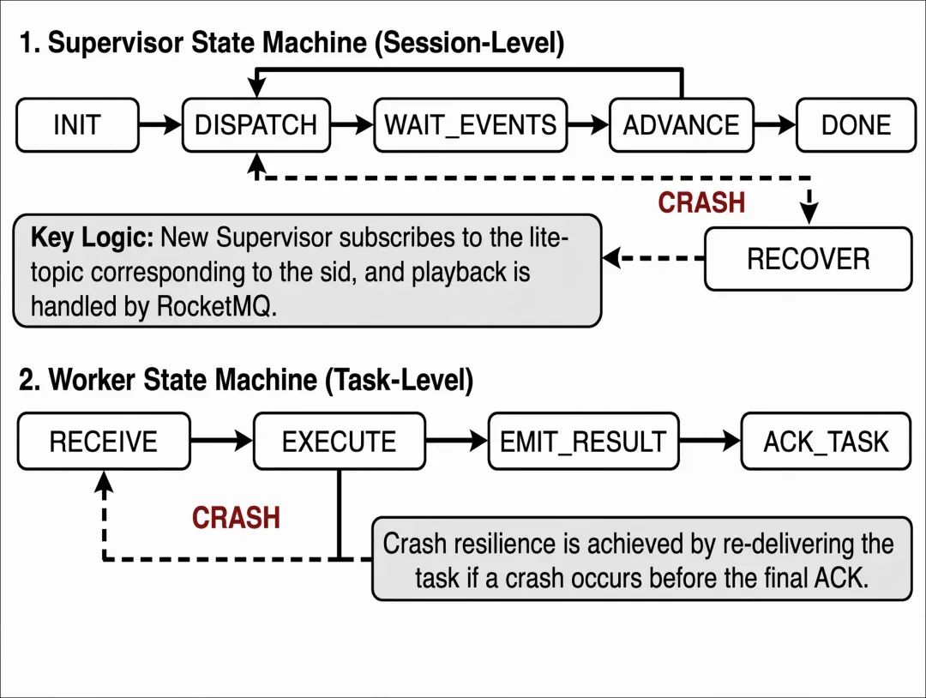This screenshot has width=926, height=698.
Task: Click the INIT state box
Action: click(77, 125)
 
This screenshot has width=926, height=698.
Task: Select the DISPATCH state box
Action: click(256, 125)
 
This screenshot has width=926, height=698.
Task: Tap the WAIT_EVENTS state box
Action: click(471, 125)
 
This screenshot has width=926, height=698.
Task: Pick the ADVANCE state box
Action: click(682, 125)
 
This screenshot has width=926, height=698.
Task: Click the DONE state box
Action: click(857, 125)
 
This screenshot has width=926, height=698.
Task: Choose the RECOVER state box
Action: click(809, 259)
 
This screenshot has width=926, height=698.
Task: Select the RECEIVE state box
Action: click(104, 442)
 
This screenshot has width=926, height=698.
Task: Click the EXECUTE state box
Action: click(340, 442)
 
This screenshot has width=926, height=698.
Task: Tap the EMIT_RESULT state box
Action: click(584, 442)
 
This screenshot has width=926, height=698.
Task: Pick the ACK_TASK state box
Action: click(827, 442)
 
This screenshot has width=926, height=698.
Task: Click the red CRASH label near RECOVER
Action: click(701, 202)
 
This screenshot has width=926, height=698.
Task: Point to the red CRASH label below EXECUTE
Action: click(237, 518)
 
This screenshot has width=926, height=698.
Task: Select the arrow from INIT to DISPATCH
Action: click(160, 125)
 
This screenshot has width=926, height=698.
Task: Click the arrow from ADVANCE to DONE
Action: click(775, 125)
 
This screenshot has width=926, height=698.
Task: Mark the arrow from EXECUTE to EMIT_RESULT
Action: click(457, 441)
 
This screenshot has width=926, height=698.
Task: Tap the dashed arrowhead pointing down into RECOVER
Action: click(809, 213)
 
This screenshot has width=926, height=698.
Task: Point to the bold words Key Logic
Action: click(92, 238)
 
